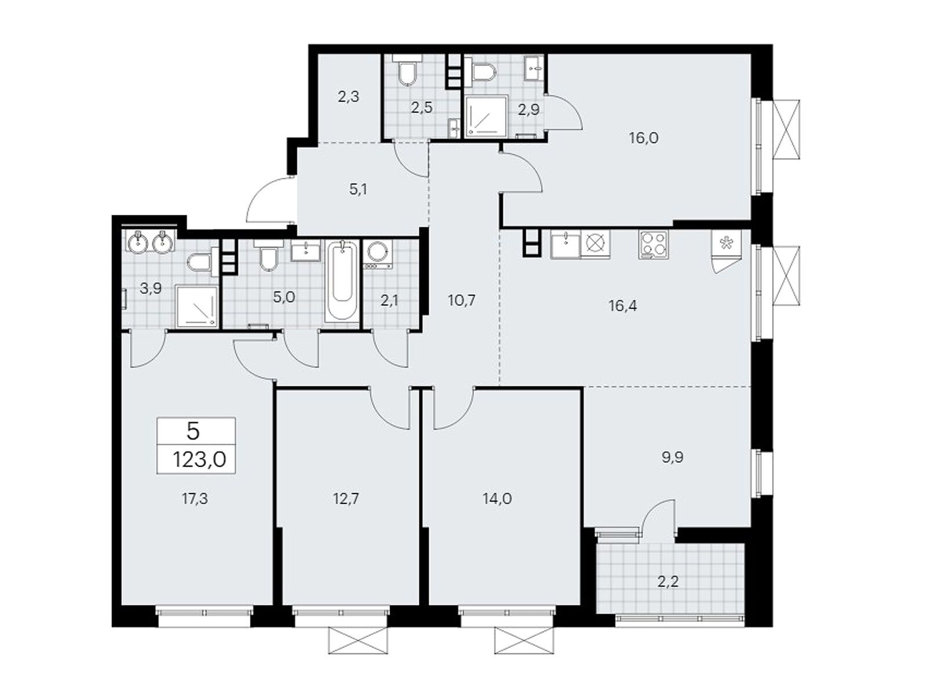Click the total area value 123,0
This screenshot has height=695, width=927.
pyautogui.click(x=199, y=460)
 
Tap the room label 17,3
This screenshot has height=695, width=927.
pyautogui.click(x=195, y=499)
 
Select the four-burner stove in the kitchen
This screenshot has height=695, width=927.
pyautogui.click(x=654, y=244)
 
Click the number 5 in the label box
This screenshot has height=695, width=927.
pyautogui.click(x=194, y=431)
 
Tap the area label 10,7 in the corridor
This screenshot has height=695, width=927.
pyautogui.click(x=462, y=301)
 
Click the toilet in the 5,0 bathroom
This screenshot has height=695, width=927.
pyautogui.click(x=268, y=258)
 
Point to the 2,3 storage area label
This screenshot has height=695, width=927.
pyautogui.click(x=348, y=97)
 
